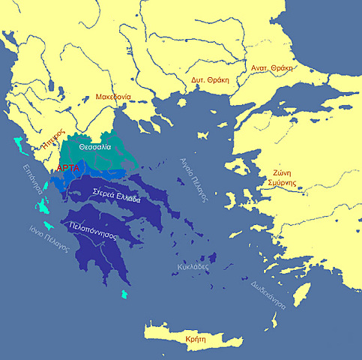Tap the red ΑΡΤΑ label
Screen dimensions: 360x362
pos(70,169)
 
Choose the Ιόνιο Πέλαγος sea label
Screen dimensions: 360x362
pos(46,238)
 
